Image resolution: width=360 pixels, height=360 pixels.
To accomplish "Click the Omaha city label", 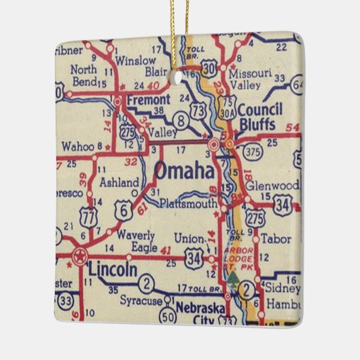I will click(x=184, y=171).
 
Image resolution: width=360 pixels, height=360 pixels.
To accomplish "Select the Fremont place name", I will click(x=148, y=98).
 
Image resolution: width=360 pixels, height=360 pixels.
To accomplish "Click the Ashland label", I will click(x=119, y=182).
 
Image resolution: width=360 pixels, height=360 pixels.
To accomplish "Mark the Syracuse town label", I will click(x=141, y=300).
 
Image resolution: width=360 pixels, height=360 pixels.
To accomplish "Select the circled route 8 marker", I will click(x=181, y=121).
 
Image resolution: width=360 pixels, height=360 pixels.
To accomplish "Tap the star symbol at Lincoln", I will click(x=80, y=257).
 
